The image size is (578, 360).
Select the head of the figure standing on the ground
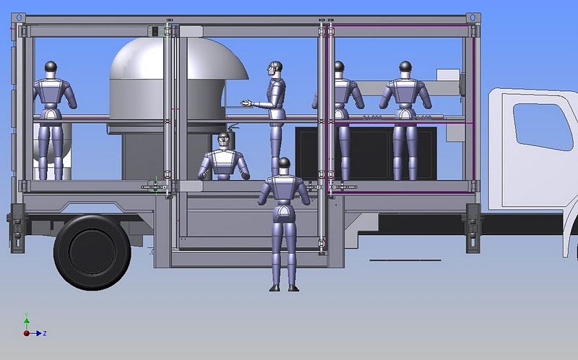pyautogui.click(x=284, y=164)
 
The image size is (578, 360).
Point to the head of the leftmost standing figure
pyautogui.click(x=51, y=68)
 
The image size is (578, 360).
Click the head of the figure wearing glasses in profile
pyautogui.click(x=273, y=69)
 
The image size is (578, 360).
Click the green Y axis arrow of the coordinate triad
pyautogui.click(x=26, y=318)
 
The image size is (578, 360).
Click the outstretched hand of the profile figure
pyautogui.click(x=246, y=104)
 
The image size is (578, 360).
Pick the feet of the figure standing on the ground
pyautogui.click(x=284, y=288)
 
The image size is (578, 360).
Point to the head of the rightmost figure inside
pyautogui.click(x=405, y=68)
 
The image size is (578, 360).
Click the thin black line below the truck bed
pyautogui.click(x=405, y=260)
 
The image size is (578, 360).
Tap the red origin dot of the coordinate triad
pyautogui.click(x=26, y=333)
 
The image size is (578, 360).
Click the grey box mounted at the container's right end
pyautogui.click(x=449, y=81)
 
